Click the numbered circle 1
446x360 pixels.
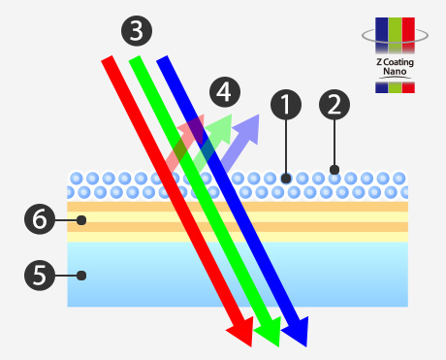click(x=286, y=105)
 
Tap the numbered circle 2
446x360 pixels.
click(x=334, y=105)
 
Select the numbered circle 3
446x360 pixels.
click(x=137, y=31)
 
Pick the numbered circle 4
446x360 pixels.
click(x=225, y=92)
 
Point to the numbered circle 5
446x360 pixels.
click(x=40, y=276)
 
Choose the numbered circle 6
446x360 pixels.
click(x=40, y=219)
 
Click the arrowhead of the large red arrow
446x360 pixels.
click(x=241, y=332)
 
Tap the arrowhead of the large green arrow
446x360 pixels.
click(x=270, y=332)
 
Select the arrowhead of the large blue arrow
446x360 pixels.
click(x=298, y=332)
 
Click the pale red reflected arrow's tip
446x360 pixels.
click(x=204, y=115)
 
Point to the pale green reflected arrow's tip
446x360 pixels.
click(x=232, y=115)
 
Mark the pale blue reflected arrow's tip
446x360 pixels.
click(x=259, y=115)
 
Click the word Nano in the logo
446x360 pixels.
click(x=395, y=71)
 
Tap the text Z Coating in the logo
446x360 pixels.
click(x=395, y=62)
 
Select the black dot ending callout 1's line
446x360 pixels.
click(x=286, y=179)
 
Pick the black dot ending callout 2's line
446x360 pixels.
click(x=334, y=170)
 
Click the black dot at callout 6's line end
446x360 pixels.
click(x=81, y=220)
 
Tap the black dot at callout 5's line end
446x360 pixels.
click(x=81, y=276)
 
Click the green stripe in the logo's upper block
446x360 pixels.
click(x=395, y=35)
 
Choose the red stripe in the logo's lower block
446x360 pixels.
click(x=408, y=87)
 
